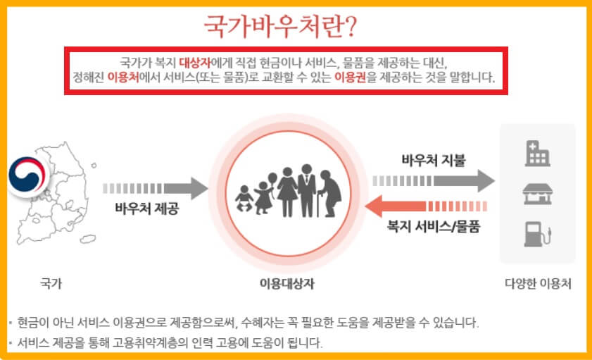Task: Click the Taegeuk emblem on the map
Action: coord(26,174)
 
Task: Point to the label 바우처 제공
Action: coord(146,209)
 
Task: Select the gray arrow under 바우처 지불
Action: coord(433,180)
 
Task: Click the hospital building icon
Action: coord(536,153)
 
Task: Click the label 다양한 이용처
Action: coord(538,285)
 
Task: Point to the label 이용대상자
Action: coord(287,285)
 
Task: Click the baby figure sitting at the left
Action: coord(244,199)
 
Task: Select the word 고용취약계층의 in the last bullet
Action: coord(164,345)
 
